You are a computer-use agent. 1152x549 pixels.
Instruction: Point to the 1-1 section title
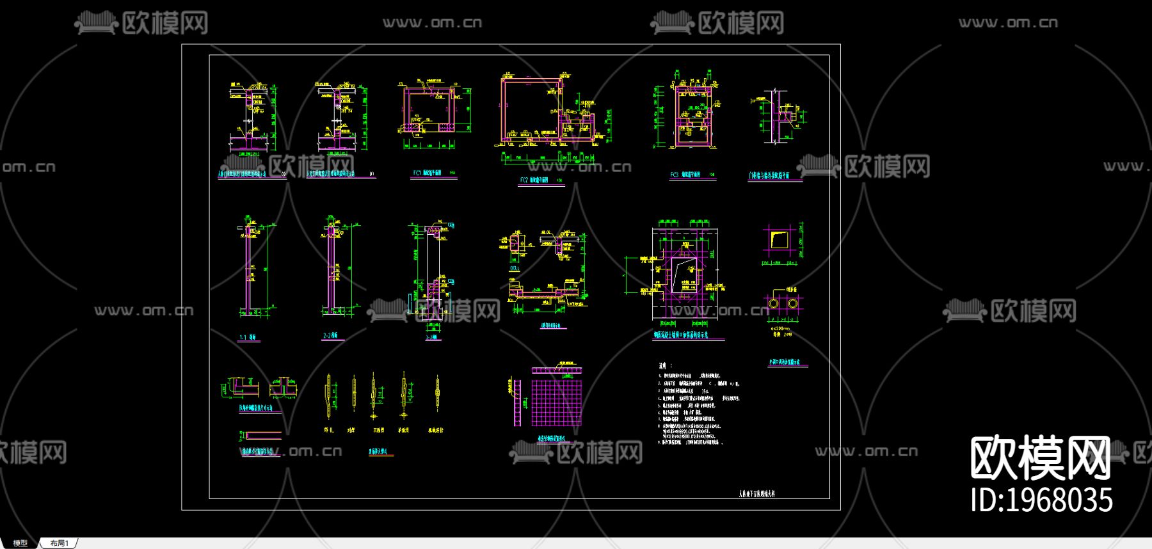pos(248,337)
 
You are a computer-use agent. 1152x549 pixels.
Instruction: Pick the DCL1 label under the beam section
pos(515,268)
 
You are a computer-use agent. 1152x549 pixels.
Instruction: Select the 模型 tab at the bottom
pos(20,543)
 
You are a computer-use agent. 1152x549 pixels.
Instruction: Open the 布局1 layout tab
pos(59,543)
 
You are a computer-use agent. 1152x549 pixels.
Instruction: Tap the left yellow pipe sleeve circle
pos(774,303)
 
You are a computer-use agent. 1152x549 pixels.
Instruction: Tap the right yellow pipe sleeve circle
pos(792,303)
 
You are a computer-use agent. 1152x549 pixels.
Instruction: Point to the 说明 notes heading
pos(663,365)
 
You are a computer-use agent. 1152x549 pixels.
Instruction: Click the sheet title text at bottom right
pos(756,494)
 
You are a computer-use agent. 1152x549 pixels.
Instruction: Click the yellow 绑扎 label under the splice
pos(329,431)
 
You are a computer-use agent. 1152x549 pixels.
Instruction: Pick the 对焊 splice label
pos(351,431)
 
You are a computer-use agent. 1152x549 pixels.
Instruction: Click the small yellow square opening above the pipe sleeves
pos(780,241)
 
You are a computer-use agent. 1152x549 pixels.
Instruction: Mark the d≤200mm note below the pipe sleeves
pos(781,328)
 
